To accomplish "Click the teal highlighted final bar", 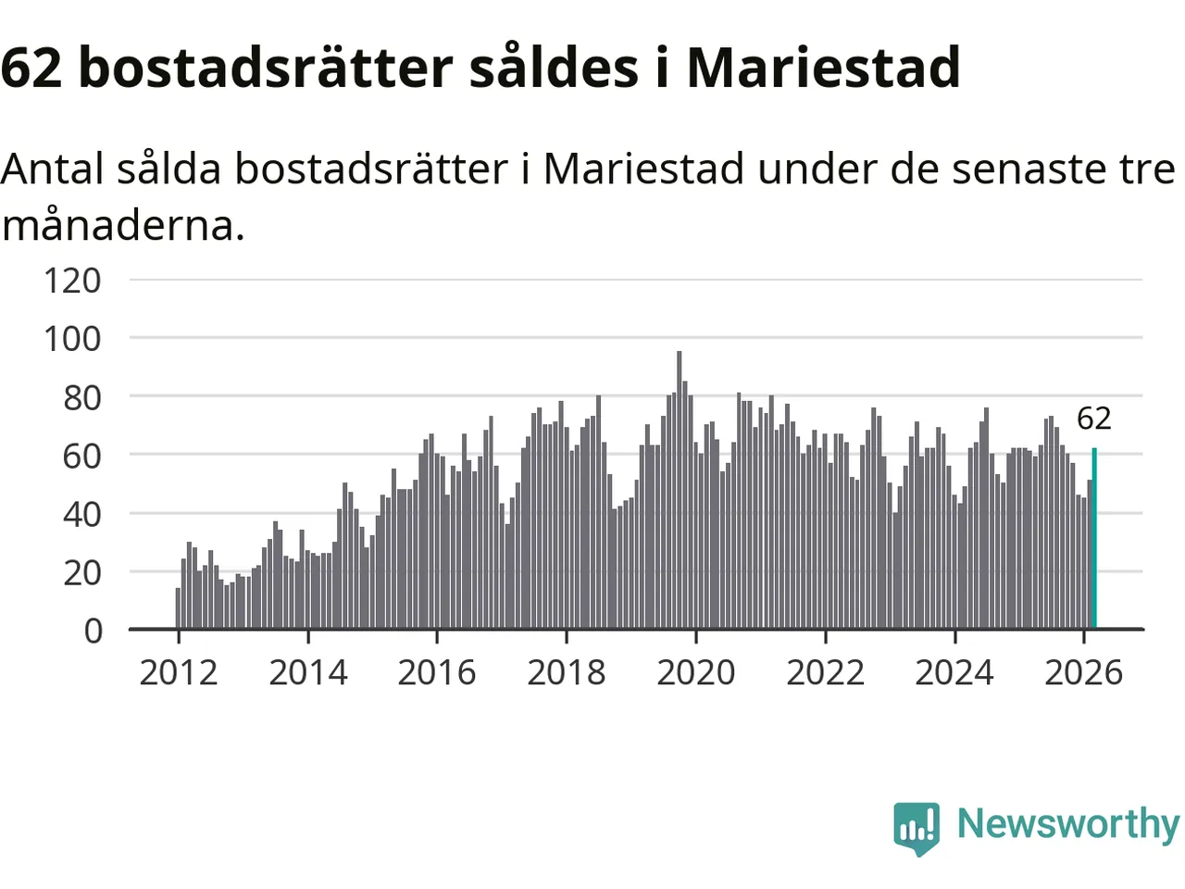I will point(1094,539).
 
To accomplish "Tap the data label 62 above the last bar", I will point(1093,419).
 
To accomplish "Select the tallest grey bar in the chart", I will point(680,491).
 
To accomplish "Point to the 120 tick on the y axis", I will point(72,280).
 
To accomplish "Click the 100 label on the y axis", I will point(72,338).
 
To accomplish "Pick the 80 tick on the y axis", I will point(81,397).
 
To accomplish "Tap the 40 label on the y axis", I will point(81,514).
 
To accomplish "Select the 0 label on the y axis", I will point(93,631).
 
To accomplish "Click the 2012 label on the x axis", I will point(179,672).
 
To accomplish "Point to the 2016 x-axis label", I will point(437,672).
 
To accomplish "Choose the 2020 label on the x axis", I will point(696,672).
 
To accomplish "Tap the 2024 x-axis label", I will point(954,672).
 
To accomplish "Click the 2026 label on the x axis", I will point(1084,672).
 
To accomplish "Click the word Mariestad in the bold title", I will point(823,67).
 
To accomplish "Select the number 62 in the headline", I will point(31,67).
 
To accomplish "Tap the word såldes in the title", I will point(554,67).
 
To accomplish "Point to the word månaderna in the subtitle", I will point(123,225).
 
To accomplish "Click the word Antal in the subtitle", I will point(53,169).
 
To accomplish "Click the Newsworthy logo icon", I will point(917,827).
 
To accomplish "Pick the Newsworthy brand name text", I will point(1067,824).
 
